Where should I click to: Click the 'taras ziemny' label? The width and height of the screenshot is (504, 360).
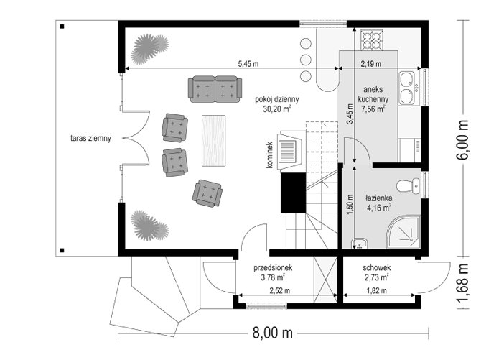(90, 139)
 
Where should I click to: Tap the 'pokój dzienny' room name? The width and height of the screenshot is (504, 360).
(277, 99)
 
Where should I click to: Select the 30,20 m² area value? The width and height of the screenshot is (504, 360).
(277, 109)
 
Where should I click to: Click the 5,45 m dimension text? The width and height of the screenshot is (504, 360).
(248, 64)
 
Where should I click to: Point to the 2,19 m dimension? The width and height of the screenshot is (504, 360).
(371, 64)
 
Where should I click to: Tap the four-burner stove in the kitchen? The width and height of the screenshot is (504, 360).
(372, 40)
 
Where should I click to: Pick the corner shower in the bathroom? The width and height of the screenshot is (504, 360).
(403, 232)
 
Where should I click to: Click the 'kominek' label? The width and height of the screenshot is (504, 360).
(269, 155)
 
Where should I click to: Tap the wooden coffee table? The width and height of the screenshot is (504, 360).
(213, 141)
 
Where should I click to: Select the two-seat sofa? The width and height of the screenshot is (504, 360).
(215, 89)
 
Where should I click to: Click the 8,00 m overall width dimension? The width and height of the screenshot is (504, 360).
(273, 333)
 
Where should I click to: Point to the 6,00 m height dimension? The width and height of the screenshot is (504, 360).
(462, 139)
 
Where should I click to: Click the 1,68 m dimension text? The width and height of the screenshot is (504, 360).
(462, 283)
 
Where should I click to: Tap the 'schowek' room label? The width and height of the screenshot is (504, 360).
(377, 267)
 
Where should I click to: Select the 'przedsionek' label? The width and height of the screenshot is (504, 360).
(273, 267)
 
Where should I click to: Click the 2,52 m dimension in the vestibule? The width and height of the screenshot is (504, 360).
(279, 290)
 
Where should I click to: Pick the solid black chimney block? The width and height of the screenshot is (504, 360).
(293, 193)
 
